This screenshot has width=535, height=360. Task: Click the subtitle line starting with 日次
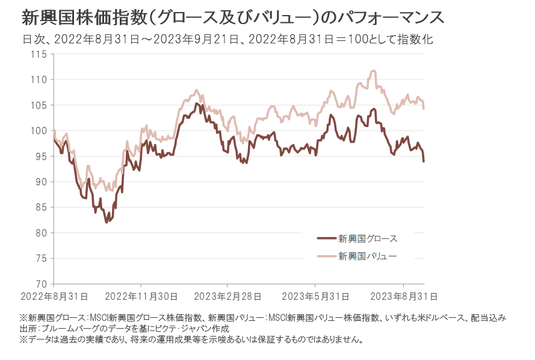(227, 40)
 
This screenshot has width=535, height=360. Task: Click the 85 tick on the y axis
(40, 207)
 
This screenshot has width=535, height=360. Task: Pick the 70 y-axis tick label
(41, 284)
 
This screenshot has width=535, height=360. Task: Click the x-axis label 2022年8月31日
(55, 296)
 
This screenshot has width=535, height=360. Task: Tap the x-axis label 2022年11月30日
(141, 296)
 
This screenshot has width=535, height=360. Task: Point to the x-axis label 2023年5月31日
(315, 296)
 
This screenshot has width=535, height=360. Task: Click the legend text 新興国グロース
(368, 238)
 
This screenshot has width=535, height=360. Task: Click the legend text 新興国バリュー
(368, 256)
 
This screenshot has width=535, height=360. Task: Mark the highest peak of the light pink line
(374, 70)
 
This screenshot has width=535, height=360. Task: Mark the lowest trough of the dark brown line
(107, 222)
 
